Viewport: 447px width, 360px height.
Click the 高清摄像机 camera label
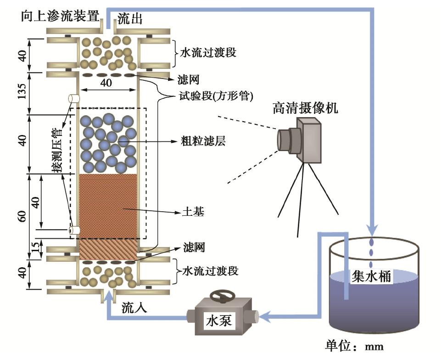pyautogui.click(x=306, y=108)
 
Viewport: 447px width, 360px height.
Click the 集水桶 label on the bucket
pyautogui.click(x=370, y=276)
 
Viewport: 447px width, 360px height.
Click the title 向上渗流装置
pyautogui.click(x=60, y=17)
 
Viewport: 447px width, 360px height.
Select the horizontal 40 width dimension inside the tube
pyautogui.click(x=106, y=83)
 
